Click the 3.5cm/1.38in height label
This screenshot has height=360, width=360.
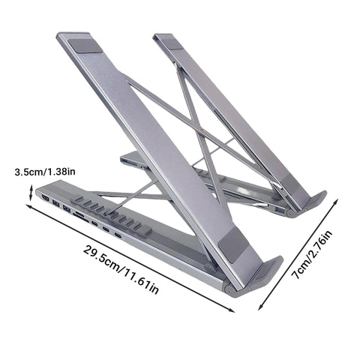(x=45, y=172)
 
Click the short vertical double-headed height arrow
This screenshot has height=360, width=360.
(x=31, y=193)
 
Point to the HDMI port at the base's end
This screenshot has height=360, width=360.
(x=46, y=199)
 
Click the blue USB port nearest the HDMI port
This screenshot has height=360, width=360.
(x=56, y=203)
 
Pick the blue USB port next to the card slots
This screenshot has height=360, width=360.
(x=67, y=208)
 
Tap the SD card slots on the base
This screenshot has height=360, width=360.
(x=80, y=217)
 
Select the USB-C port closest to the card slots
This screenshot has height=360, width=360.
(x=94, y=223)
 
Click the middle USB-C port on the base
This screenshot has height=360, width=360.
(x=106, y=229)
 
